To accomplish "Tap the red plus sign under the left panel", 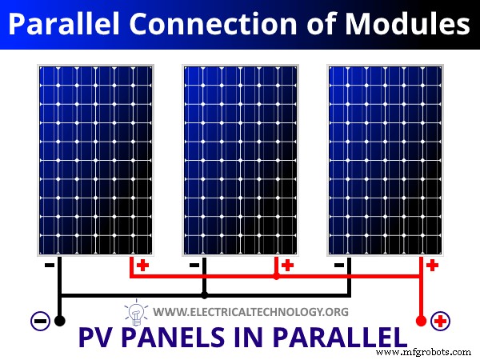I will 142,265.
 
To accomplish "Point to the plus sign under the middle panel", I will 288,265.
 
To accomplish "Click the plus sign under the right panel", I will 433,265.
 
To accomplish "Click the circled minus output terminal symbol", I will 39,322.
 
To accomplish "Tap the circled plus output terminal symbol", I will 438,322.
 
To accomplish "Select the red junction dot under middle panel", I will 276,278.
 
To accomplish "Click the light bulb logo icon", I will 134,311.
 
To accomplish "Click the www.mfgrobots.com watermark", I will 424,351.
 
